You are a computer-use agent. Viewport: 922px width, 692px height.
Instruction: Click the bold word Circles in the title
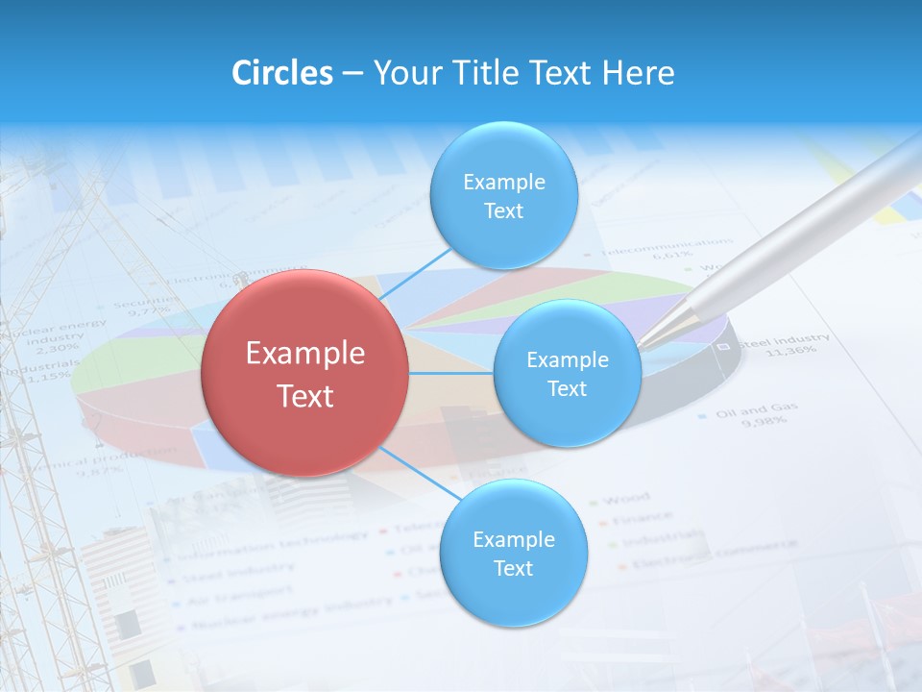point(282,73)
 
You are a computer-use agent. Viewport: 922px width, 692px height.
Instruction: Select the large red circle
point(305,373)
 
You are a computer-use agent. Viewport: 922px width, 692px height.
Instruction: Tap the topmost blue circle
point(503,196)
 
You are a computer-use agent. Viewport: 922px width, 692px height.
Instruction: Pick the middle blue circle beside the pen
point(567,374)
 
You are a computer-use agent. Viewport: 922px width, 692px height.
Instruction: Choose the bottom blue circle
point(513,553)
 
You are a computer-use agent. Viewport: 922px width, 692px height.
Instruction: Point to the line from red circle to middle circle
point(451,373)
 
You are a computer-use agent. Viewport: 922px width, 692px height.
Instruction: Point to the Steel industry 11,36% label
point(783,343)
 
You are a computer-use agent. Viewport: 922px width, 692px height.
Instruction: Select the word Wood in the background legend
point(625,499)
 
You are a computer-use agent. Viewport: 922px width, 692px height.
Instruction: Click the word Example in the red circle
point(305,354)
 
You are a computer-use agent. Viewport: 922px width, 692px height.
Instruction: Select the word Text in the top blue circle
point(503,210)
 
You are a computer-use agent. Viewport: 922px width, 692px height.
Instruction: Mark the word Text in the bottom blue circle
point(513,568)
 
